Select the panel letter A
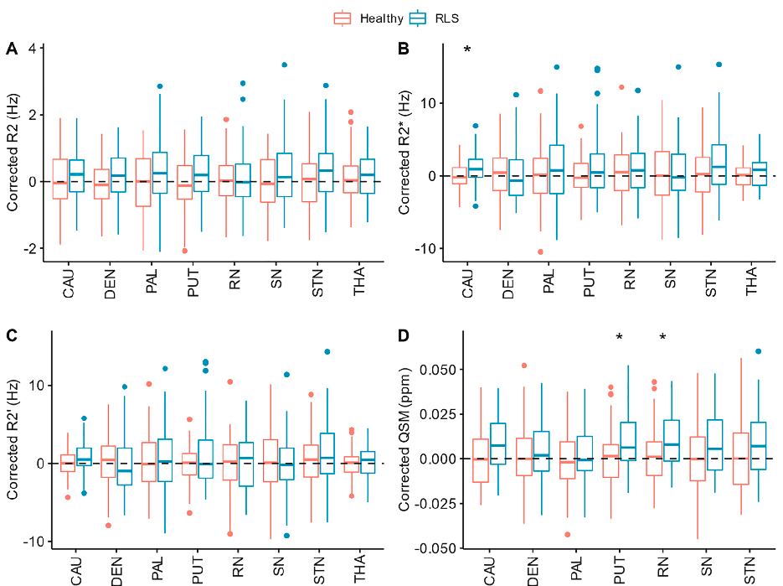[12, 49]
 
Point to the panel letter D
[404, 337]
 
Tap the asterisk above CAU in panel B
[467, 51]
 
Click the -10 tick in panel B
[434, 249]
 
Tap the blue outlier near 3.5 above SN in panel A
[285, 65]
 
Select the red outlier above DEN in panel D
[523, 366]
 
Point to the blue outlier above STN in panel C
[328, 351]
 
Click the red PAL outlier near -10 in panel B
[540, 252]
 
